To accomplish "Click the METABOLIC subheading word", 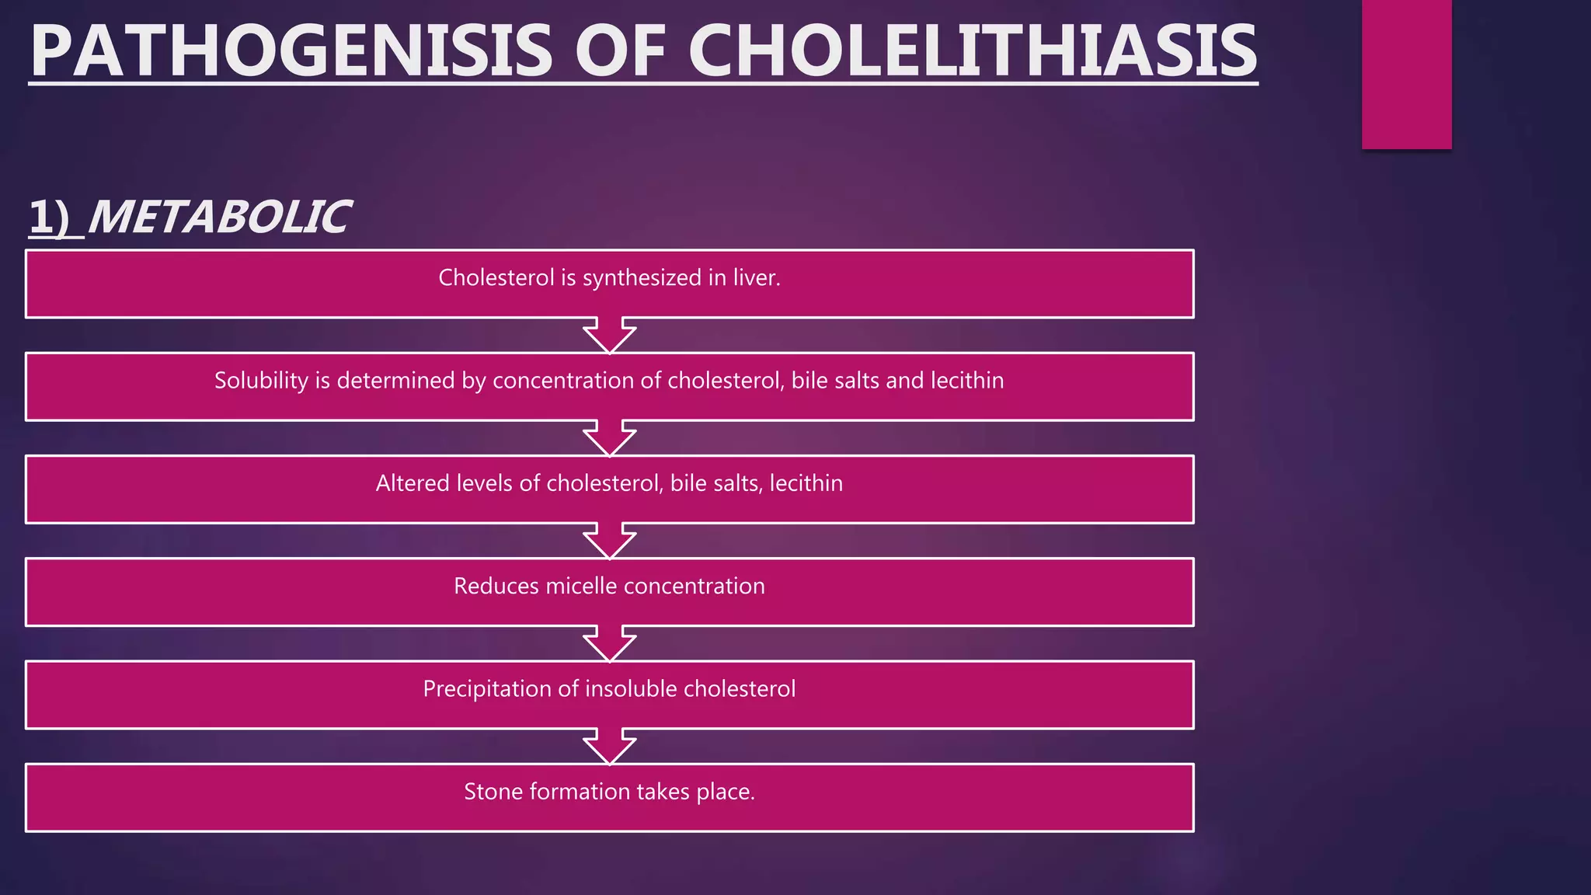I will pos(218,217).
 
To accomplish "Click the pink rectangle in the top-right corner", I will pos(1406,74).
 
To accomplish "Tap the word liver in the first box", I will pos(756,277).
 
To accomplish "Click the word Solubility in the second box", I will pos(261,380).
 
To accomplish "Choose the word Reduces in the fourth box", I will pos(496,586).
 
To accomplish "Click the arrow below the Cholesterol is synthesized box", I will pos(610,335).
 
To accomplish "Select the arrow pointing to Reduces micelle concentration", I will pos(610,541).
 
